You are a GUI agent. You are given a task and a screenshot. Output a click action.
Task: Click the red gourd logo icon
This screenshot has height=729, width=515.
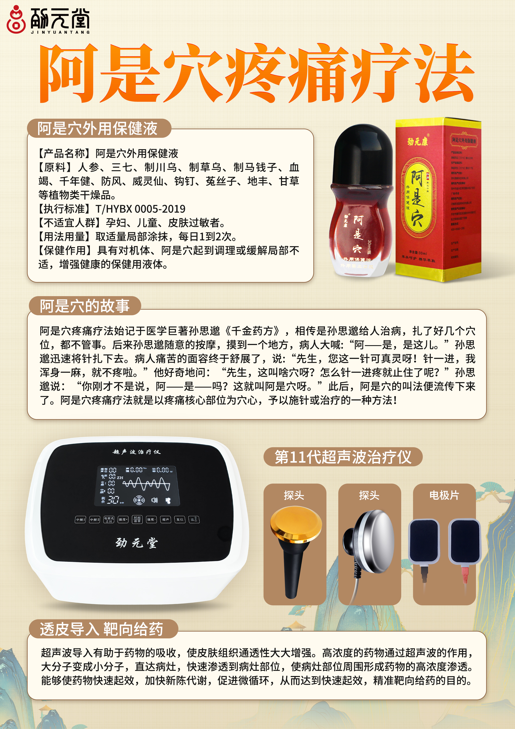(x=16, y=20)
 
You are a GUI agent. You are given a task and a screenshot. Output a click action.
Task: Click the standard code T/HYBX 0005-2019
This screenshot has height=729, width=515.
(x=140, y=209)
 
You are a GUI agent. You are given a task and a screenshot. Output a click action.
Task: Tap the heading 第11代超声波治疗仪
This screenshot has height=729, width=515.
(x=343, y=457)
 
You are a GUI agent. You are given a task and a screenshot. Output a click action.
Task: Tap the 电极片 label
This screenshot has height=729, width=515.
(x=444, y=495)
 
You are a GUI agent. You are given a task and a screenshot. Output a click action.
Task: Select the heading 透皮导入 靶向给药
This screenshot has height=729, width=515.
(x=102, y=629)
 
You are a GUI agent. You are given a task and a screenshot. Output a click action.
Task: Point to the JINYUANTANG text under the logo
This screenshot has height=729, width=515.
(x=60, y=32)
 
